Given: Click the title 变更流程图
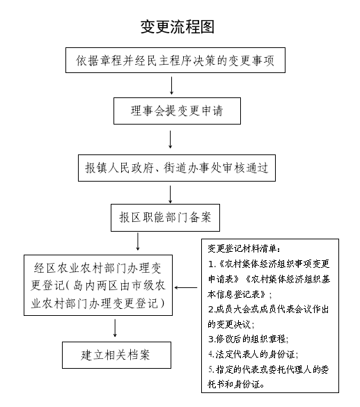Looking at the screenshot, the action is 178,26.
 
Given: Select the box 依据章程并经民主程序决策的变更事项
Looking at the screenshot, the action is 175,61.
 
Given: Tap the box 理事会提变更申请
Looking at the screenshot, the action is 177,111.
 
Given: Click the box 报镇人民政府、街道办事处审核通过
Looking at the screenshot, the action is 177,168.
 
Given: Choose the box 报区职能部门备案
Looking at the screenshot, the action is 165,218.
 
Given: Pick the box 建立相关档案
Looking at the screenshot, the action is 116,355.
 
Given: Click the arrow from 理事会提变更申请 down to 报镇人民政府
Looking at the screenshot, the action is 171,139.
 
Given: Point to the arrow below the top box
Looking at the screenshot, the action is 171,86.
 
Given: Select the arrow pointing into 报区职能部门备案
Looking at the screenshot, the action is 171,194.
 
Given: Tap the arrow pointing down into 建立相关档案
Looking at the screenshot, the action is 115,328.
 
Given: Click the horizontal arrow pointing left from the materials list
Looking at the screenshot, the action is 186,287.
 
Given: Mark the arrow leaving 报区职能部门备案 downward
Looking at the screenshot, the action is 138,241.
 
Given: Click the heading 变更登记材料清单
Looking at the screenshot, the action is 244,248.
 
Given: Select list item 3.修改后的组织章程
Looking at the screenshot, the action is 249,339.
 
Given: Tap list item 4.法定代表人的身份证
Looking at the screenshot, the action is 253,354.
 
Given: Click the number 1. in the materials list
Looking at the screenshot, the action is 212,264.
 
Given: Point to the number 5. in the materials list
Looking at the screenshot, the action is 211,369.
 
